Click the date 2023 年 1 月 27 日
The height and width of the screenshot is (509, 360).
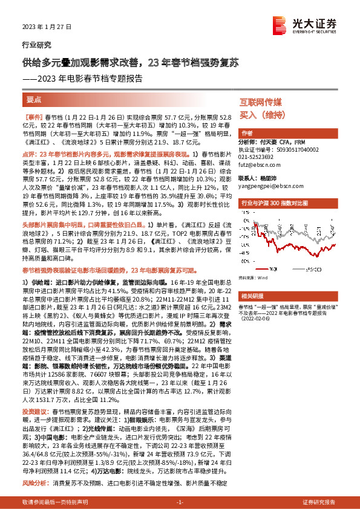tap(38, 28)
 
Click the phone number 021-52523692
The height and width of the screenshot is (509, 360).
tap(258, 156)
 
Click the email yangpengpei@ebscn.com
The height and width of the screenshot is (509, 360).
tap(266, 186)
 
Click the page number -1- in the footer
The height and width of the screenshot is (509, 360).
tap(179, 503)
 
